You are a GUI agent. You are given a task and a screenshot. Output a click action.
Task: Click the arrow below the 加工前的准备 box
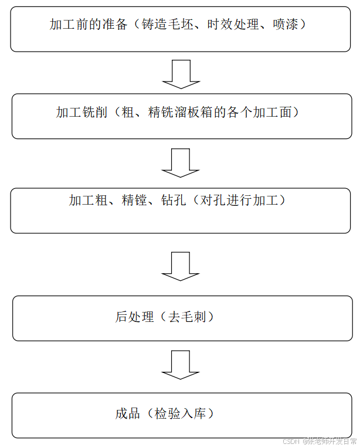(x=181, y=74)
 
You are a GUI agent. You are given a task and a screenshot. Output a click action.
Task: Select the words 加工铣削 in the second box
(x=81, y=113)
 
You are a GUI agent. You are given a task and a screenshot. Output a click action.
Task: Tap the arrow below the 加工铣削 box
(x=181, y=162)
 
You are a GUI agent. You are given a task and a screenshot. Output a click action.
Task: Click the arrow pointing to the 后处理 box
(x=181, y=266)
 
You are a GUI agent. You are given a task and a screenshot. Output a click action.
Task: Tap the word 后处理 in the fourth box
(x=134, y=317)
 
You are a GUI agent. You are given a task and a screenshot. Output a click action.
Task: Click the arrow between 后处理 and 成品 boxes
(x=181, y=365)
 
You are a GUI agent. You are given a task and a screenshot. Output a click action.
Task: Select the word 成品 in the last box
(x=128, y=413)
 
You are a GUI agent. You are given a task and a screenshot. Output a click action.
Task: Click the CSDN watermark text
(x=291, y=441)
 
